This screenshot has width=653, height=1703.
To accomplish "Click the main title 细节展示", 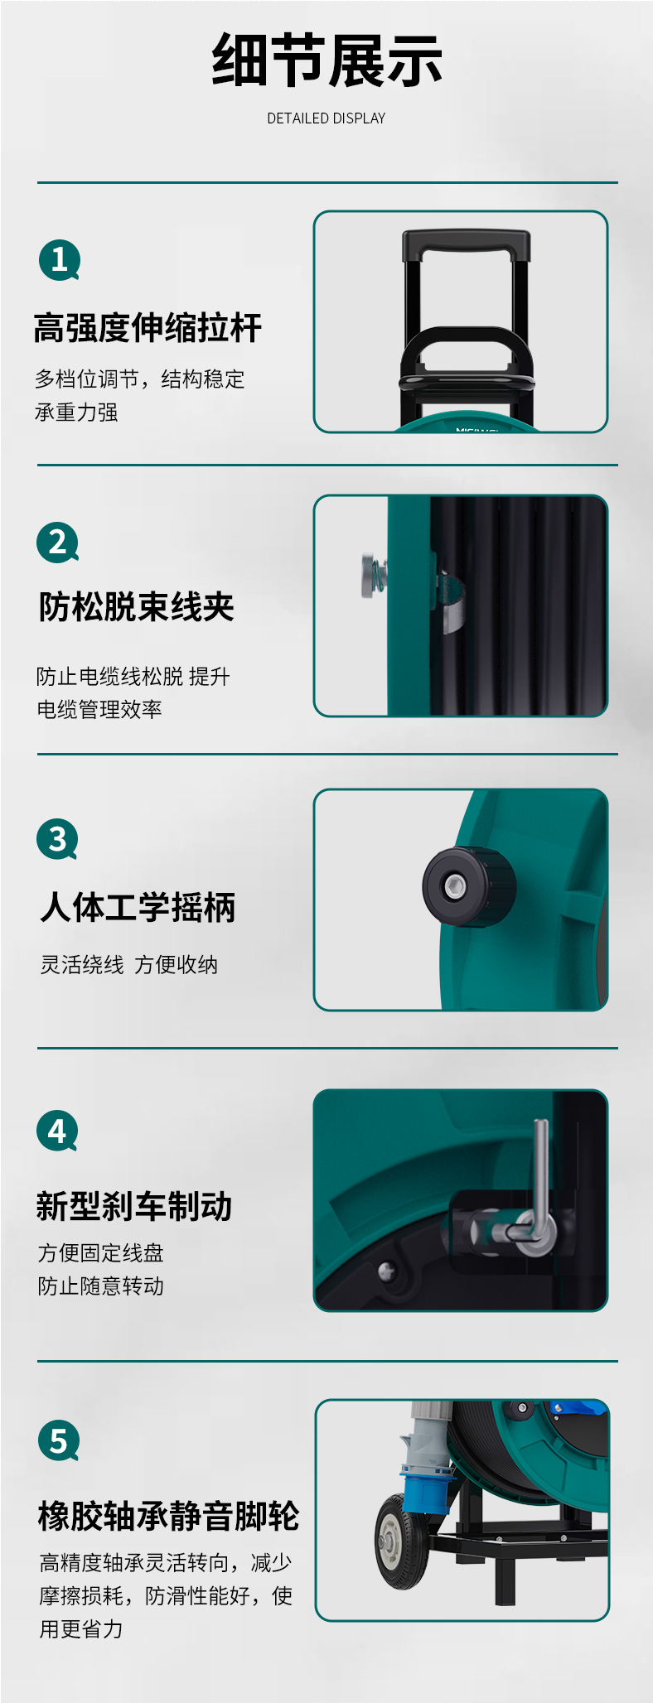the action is [x=326, y=60].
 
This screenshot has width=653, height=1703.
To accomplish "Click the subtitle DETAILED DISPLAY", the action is [x=326, y=118].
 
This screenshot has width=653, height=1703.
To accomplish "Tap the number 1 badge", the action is [x=60, y=260].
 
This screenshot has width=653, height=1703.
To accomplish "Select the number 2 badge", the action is [x=58, y=543].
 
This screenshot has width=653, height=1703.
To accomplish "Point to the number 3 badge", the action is [x=58, y=839].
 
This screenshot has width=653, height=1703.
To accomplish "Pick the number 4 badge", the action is [x=57, y=1131].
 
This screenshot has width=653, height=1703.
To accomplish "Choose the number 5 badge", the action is [x=59, y=1440].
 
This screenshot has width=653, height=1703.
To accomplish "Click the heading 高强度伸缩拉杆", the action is [x=148, y=328].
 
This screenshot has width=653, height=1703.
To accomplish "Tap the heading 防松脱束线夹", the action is [x=137, y=607].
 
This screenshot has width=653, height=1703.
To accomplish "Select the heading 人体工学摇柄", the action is [x=138, y=907].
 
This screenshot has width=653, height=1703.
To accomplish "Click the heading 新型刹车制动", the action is [x=134, y=1206].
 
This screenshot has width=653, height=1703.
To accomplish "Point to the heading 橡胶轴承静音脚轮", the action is [x=169, y=1516].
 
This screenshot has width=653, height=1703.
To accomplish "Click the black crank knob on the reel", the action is [x=468, y=886].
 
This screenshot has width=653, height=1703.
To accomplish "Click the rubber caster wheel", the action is [x=401, y=1541].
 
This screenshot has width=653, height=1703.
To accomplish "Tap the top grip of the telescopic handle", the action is [x=466, y=244].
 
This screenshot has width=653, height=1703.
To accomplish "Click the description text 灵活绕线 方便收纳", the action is [x=129, y=965].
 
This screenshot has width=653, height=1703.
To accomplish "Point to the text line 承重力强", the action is [x=76, y=412].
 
